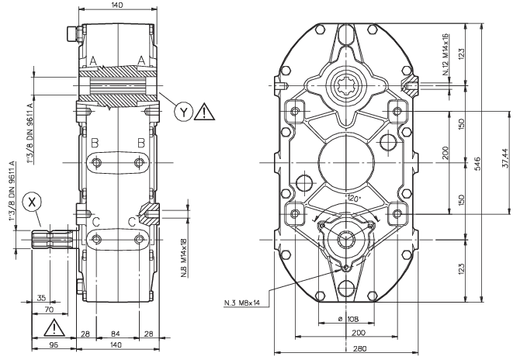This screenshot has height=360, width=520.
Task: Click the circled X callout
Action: (x=32, y=202)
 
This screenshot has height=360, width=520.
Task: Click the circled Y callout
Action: (x=184, y=112)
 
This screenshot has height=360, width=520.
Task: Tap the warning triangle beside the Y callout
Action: (x=204, y=112)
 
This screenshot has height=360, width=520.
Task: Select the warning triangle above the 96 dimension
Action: (x=54, y=328)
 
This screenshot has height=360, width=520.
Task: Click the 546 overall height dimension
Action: (x=477, y=164)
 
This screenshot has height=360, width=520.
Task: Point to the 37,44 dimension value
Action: (x=505, y=157)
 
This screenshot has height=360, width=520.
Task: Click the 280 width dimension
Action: (x=360, y=348)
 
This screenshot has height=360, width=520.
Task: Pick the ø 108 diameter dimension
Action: (x=348, y=319)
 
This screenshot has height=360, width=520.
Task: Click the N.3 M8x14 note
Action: (x=242, y=303)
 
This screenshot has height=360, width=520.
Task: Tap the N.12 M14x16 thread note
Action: (x=445, y=54)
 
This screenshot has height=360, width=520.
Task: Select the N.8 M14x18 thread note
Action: (x=185, y=258)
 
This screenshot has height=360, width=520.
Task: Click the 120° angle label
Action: (x=353, y=199)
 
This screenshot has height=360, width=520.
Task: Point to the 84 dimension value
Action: (x=115, y=334)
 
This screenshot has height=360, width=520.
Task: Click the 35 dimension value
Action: (x=41, y=298)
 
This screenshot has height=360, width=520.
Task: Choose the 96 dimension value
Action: (x=54, y=344)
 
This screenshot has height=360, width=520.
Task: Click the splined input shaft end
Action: (x=53, y=239)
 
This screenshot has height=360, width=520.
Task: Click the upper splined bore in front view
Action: (x=346, y=85)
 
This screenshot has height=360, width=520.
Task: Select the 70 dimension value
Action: (x=49, y=310)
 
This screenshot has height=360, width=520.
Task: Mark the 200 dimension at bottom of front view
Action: (x=359, y=333)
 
